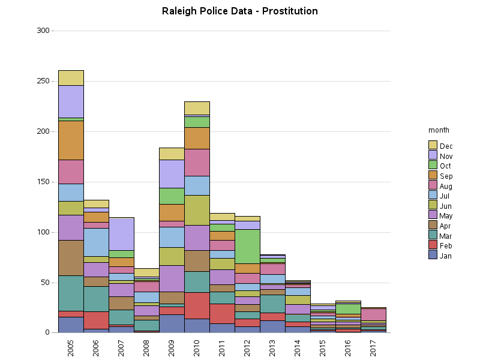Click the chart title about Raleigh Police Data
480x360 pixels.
click(x=240, y=11)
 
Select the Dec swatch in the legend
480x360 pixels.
click(x=433, y=145)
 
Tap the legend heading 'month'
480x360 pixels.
click(x=439, y=130)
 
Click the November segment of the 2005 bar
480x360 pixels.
click(x=71, y=101)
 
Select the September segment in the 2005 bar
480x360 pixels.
click(x=71, y=140)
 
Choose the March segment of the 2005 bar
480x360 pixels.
click(x=71, y=293)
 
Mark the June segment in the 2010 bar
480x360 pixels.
click(x=197, y=210)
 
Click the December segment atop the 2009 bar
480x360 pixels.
click(x=172, y=154)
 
